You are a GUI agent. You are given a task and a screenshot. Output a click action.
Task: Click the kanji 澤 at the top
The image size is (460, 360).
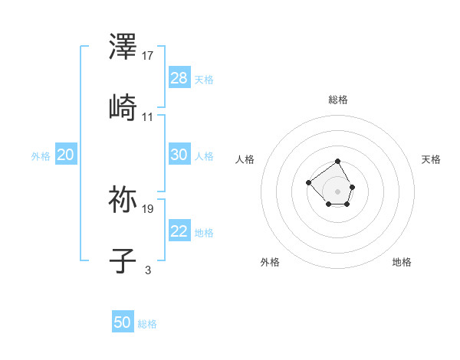[123, 47]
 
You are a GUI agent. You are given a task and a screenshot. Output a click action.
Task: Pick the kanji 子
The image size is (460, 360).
[123, 260]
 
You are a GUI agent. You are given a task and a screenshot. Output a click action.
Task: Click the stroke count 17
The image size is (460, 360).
[148, 55]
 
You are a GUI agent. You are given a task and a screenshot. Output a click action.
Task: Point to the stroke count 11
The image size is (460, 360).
[148, 116]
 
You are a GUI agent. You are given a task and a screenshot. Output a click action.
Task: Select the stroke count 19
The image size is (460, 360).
[148, 208]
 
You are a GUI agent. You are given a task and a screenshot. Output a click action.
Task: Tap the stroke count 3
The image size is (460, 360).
[148, 270]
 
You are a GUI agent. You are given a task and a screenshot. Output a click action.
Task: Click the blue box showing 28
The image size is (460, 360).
[179, 78]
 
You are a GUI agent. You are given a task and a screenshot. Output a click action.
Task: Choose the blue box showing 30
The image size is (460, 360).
[179, 155]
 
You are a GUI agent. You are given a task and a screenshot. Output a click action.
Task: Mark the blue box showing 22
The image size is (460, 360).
[179, 231]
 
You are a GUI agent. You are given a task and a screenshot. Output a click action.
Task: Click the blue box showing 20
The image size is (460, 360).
[65, 155]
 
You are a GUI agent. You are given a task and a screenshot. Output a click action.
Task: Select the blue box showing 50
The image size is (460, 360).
[123, 322]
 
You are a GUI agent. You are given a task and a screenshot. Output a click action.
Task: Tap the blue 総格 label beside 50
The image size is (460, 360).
[147, 324]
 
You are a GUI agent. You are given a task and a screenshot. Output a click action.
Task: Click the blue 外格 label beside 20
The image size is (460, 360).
[41, 156]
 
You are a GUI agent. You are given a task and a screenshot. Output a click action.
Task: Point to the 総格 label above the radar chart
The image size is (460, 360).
[337, 100]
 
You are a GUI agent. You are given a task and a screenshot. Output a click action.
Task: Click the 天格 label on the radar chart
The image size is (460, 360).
[431, 159]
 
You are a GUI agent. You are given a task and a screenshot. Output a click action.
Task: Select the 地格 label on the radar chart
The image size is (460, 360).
[402, 262]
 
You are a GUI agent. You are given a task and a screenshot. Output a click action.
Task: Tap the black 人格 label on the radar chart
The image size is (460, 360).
[245, 159]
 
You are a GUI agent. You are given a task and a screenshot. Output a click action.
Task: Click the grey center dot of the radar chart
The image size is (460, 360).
[337, 191]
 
